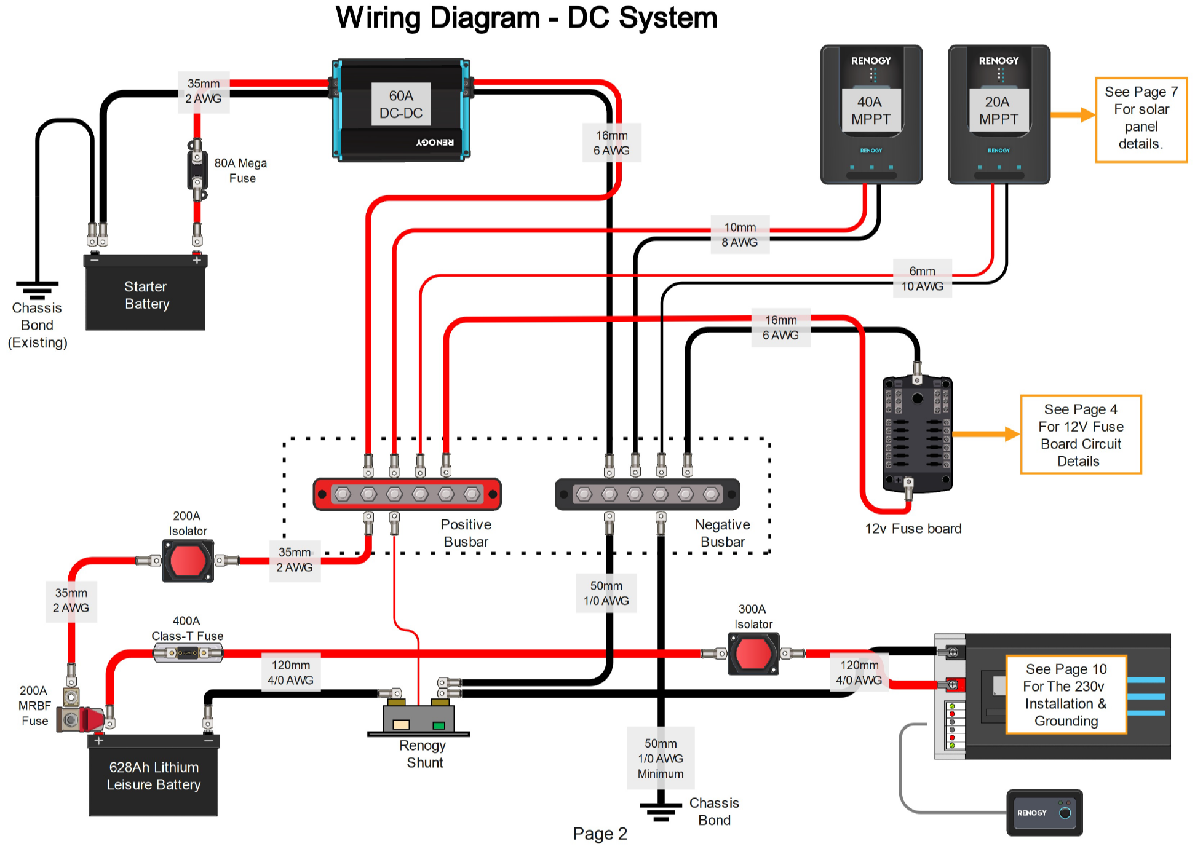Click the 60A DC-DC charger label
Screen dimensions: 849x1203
(401, 105)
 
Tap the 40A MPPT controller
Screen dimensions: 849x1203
(871, 114)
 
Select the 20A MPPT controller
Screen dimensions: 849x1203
(999, 114)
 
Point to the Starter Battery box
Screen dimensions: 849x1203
(146, 294)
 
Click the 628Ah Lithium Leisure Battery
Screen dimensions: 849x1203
(153, 776)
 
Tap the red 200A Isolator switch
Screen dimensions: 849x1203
(188, 560)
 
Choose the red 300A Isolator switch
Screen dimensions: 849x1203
(753, 654)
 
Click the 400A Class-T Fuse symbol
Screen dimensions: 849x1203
(188, 654)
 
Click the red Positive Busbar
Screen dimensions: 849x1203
(407, 494)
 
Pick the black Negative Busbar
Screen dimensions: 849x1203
(647, 494)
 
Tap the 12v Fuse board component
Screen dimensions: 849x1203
(917, 434)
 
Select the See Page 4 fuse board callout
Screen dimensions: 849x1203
(1081, 435)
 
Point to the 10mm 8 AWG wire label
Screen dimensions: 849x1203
(740, 235)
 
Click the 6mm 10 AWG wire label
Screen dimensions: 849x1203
(922, 278)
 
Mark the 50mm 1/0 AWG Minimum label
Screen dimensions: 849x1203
(661, 758)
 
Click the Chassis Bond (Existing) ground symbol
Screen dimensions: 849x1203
(37, 289)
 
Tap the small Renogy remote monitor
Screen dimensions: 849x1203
(1044, 813)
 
